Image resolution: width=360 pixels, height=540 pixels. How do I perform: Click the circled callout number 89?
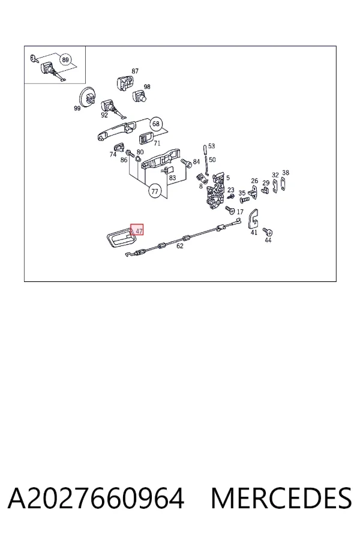pos(65,59)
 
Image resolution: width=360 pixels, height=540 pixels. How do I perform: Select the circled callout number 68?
pos(156,124)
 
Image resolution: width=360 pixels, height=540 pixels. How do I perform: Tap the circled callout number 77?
pos(155,191)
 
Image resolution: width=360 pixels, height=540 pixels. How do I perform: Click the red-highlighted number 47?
pos(137,230)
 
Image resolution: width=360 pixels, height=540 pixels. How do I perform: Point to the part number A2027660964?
pos(96,499)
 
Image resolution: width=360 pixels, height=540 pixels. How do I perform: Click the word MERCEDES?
pos(281,499)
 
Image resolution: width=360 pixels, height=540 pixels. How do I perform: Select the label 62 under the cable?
pos(180,246)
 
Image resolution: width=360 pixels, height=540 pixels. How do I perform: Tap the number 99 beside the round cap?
pos(77,109)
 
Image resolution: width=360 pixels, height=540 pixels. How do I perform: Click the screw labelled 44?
pos(266,231)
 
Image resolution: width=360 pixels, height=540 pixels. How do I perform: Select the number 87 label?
pos(135,71)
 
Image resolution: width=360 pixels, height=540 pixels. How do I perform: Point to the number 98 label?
pos(147,87)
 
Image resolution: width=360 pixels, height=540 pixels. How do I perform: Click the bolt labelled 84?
pos(185,161)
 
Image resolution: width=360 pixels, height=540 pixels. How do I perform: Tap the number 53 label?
pos(211,146)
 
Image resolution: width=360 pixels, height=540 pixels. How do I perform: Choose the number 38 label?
pos(286,173)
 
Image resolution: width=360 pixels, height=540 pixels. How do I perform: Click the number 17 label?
pos(240,212)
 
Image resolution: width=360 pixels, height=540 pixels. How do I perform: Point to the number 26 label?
pos(254,181)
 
